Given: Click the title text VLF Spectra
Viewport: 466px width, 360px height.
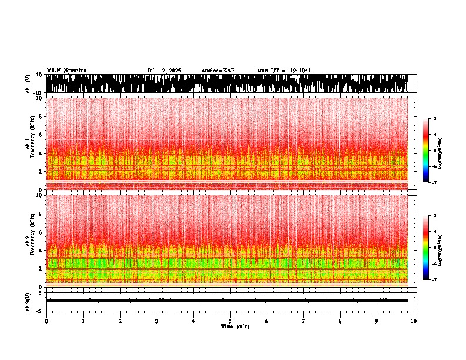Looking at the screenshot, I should click(x=66, y=71).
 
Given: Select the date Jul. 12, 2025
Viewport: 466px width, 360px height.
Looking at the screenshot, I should click(x=164, y=71).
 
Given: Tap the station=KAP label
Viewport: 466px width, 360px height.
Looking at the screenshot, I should click(x=218, y=71).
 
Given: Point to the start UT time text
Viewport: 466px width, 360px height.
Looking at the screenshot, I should click(x=284, y=71).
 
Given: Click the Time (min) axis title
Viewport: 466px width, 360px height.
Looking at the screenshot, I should click(x=235, y=326).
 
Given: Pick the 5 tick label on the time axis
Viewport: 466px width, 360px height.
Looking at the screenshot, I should click(x=230, y=321).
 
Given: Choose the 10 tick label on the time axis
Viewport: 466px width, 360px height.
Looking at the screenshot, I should click(x=414, y=321).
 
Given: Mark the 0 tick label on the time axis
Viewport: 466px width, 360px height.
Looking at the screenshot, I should click(x=46, y=321).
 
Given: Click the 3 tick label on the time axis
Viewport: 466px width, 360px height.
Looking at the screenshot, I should click(x=157, y=321).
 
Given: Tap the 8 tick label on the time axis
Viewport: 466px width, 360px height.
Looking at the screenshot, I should click(x=340, y=321).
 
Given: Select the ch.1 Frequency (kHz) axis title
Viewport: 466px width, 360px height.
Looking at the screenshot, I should click(x=30, y=144).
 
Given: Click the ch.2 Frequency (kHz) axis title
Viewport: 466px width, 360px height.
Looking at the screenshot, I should click(x=30, y=240).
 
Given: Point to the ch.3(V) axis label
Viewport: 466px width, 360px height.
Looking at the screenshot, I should click(x=28, y=301).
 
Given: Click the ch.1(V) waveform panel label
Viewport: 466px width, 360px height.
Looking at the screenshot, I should click(x=28, y=84).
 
